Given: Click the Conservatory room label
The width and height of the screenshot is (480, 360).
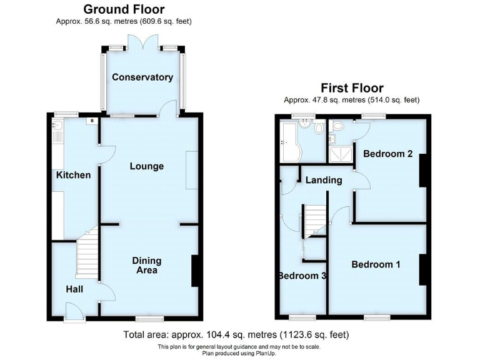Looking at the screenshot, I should (x=142, y=77).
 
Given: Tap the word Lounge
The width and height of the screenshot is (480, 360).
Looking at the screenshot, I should (x=147, y=166).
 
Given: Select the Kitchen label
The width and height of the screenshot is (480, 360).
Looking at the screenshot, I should (x=73, y=175).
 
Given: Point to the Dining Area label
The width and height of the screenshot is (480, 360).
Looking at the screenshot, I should (x=146, y=266).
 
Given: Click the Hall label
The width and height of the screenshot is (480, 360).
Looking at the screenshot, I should (x=76, y=289).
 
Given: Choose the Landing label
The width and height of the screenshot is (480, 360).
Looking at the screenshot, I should (x=324, y=180).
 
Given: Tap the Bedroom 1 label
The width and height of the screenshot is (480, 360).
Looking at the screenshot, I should (x=376, y=264).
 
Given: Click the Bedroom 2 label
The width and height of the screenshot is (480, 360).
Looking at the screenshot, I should (x=387, y=154).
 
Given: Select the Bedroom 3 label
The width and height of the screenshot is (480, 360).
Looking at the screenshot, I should (x=302, y=276).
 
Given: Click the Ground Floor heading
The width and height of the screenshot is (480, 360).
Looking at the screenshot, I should (x=124, y=9).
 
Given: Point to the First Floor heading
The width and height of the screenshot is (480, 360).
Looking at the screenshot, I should (x=352, y=88).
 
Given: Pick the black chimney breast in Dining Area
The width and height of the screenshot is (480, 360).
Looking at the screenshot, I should (x=195, y=272).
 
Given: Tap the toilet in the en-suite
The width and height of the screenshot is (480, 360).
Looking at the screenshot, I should (x=334, y=127).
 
